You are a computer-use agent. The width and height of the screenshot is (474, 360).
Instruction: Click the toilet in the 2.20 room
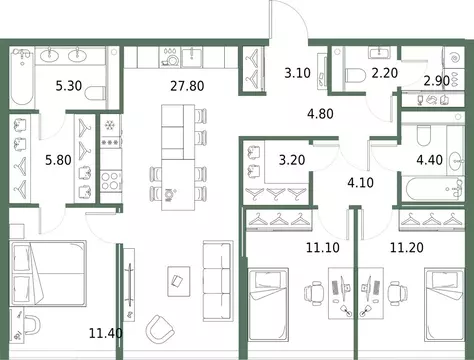click(354, 73)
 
